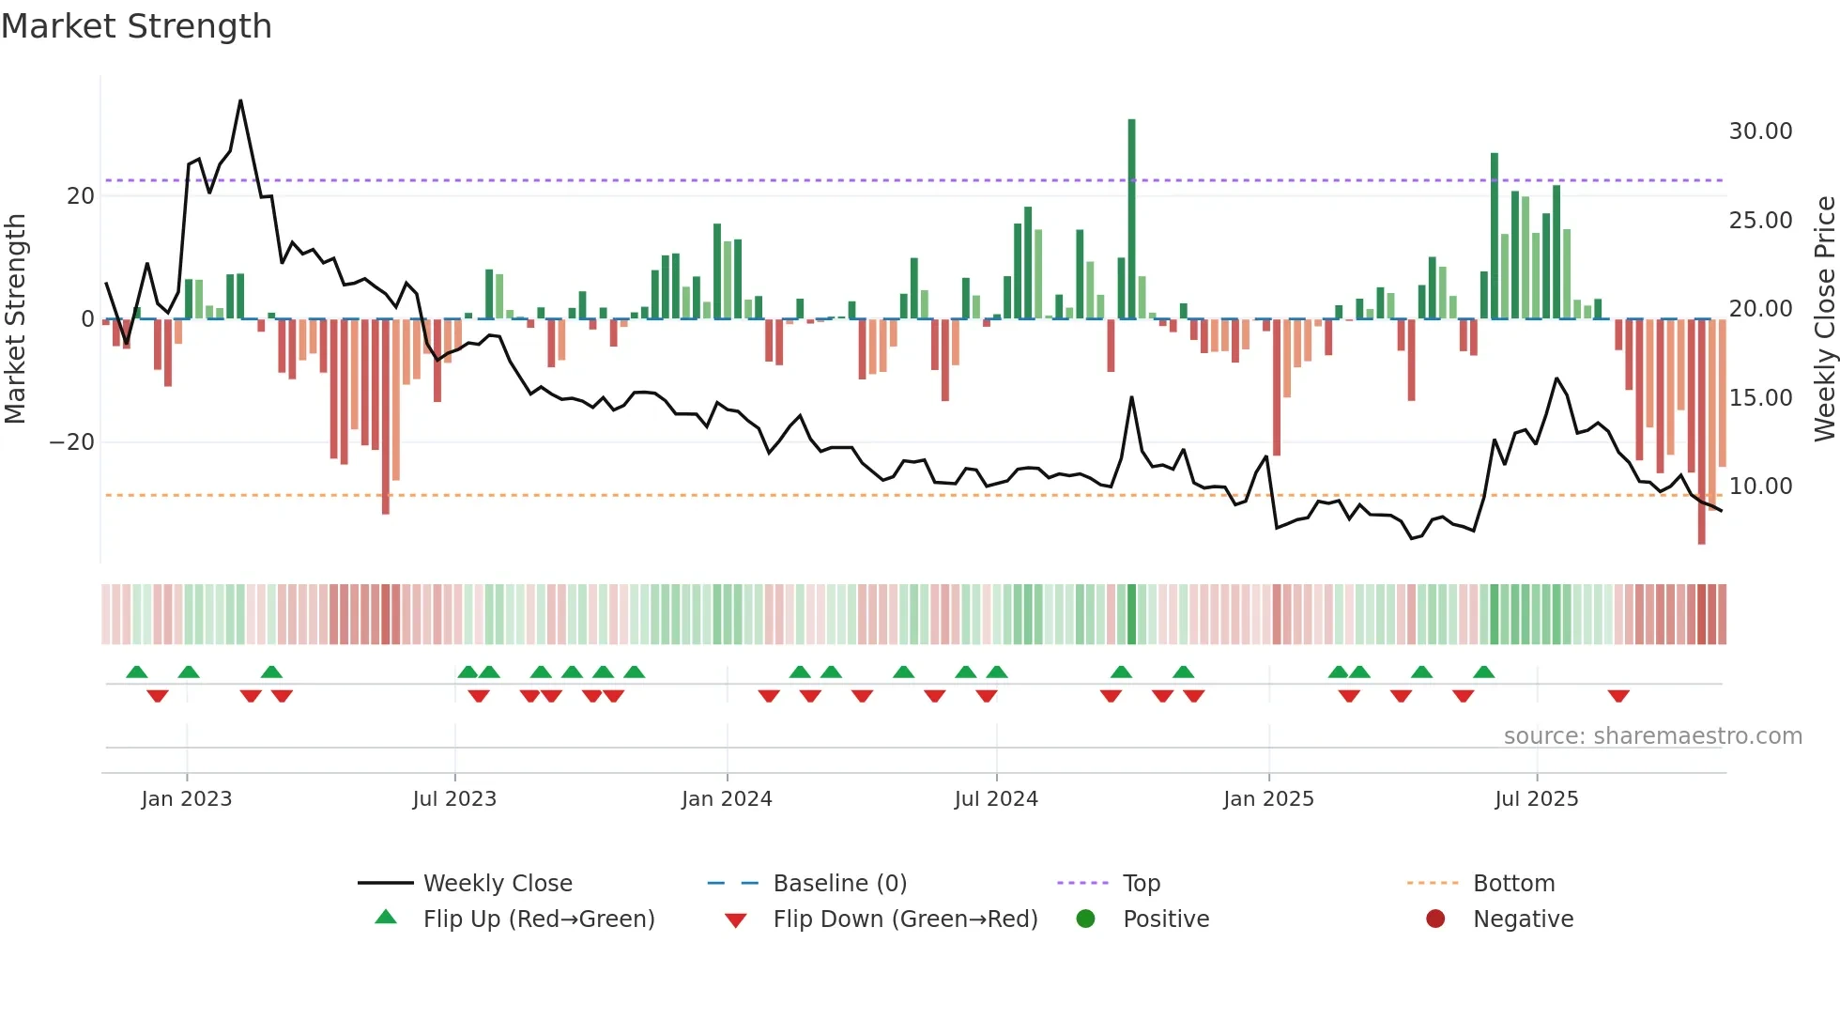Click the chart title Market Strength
[x=136, y=26]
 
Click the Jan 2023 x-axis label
[x=186, y=799]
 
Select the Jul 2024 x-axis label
[x=996, y=799]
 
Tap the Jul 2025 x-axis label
[x=1536, y=799]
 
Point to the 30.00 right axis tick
[x=1760, y=131]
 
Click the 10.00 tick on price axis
[x=1760, y=487]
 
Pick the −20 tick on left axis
[x=72, y=442]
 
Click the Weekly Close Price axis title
[x=1824, y=319]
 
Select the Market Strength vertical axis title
[x=15, y=319]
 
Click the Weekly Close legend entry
[x=497, y=884]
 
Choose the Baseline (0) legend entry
[x=839, y=884]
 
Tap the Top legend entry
[x=1141, y=884]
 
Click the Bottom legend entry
[x=1513, y=884]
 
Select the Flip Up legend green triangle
[x=386, y=918]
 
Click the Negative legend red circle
[x=1435, y=919]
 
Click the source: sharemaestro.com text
[x=1652, y=736]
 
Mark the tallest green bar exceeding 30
[x=1131, y=216]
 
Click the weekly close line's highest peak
[x=240, y=100]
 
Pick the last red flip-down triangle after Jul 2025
[x=1618, y=696]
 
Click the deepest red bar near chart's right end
[x=1701, y=432]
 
